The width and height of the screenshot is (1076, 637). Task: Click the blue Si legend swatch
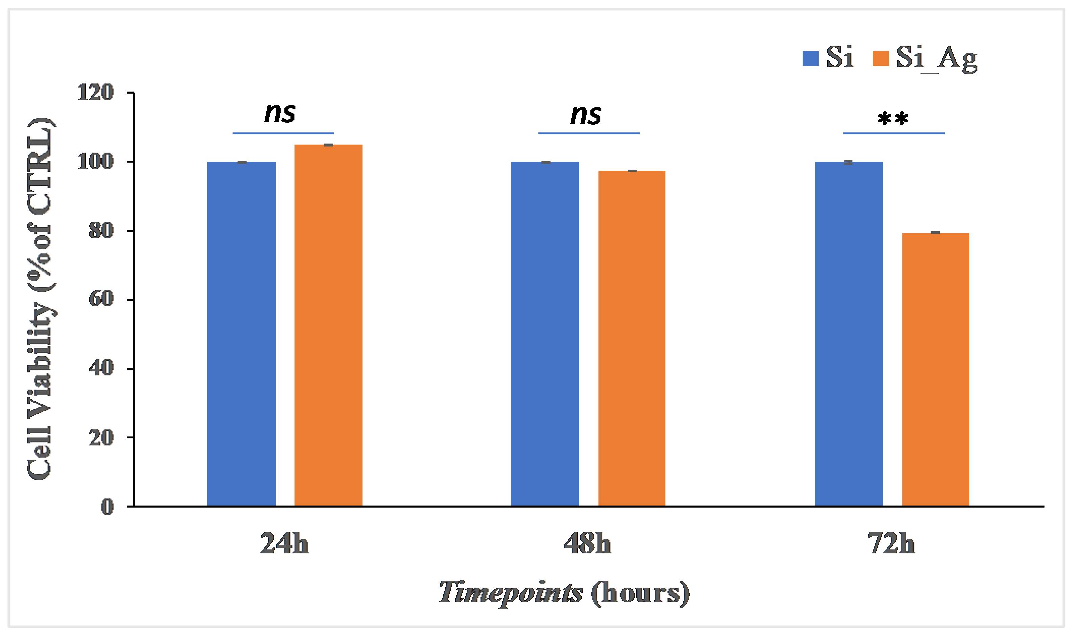810,58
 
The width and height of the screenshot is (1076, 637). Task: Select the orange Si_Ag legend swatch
880,58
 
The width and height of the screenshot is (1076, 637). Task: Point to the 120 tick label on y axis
95,92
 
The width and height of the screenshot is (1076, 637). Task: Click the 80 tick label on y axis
101,230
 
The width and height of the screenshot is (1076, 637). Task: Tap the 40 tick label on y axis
101,368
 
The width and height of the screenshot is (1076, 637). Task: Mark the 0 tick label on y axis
108,507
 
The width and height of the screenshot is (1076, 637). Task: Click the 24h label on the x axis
284,544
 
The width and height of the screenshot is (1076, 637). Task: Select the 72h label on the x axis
891,544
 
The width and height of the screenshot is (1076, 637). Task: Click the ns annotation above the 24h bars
280,113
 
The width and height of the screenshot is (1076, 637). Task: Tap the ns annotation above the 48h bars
585,115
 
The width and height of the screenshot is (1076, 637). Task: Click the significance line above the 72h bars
893,133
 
